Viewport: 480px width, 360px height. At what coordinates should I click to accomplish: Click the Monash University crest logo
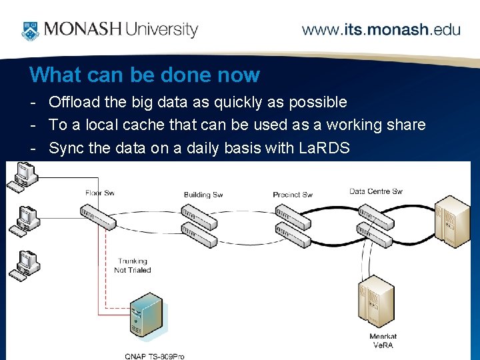click(30, 30)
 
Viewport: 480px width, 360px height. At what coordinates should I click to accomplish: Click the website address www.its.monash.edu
click(381, 30)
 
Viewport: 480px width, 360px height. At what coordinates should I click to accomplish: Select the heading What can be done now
click(145, 75)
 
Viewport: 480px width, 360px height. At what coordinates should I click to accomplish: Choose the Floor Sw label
click(100, 193)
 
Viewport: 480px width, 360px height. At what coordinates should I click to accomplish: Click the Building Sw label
click(203, 195)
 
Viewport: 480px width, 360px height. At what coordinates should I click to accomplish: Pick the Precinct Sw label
click(293, 195)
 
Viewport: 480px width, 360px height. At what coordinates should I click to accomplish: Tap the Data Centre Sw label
click(376, 191)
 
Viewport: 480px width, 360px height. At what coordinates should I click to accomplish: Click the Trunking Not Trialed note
click(133, 265)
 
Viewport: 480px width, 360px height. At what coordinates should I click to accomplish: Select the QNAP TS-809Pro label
click(154, 356)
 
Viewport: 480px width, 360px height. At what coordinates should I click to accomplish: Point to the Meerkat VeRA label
click(383, 340)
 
